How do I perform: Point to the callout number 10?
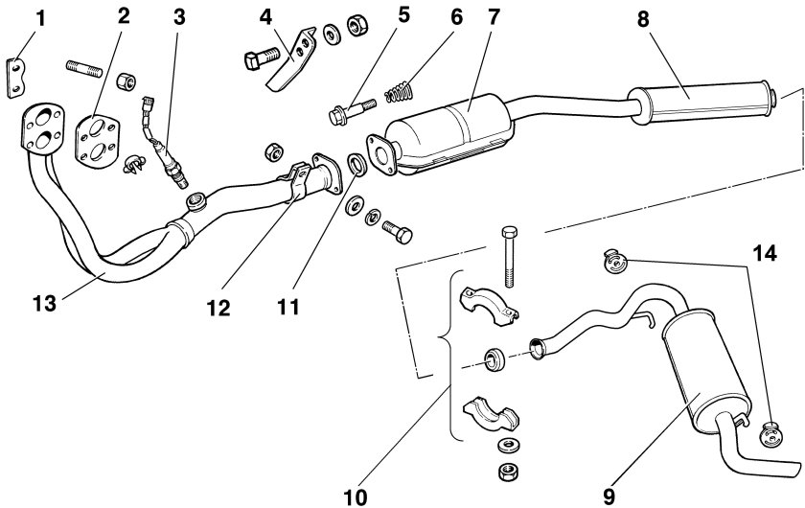coord(356,496)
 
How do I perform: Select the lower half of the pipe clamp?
coord(491,413)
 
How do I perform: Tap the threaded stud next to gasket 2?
coord(85,68)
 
